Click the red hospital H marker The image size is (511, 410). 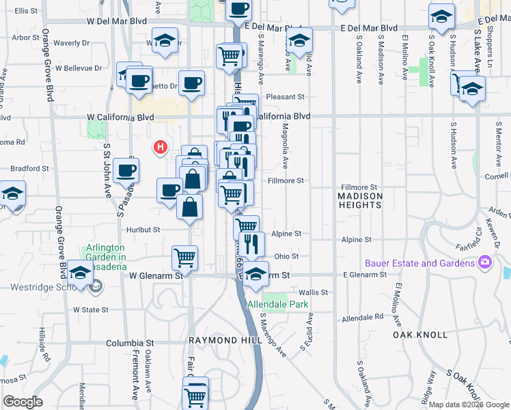[161, 146]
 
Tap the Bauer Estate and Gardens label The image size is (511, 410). [419, 263]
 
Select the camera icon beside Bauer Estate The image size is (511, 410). [485, 262]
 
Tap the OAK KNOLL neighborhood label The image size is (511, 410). [420, 335]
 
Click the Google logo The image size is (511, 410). [23, 402]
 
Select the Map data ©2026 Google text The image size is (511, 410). [469, 405]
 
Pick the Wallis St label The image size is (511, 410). [314, 292]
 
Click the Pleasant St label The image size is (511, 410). [285, 97]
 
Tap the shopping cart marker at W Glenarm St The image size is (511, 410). [184, 258]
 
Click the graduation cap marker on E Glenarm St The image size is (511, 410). [256, 274]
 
